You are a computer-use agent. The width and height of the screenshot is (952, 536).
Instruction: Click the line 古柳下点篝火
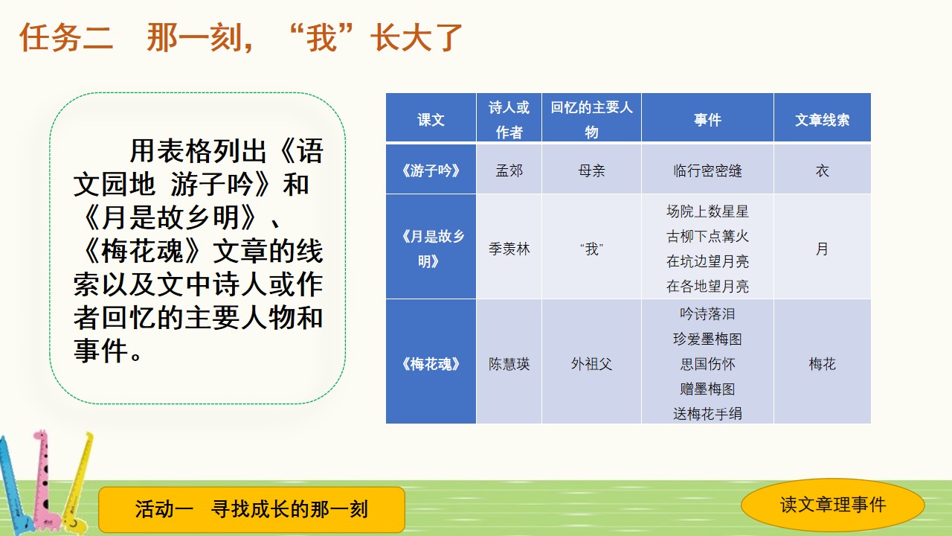[x=707, y=236]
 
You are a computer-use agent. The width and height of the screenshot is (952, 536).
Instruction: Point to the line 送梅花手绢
[x=707, y=413]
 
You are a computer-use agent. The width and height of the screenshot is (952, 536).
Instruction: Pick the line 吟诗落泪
[x=707, y=314]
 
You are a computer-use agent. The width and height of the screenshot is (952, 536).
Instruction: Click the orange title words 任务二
[x=66, y=37]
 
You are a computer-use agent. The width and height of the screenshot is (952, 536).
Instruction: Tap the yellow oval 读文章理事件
[x=832, y=505]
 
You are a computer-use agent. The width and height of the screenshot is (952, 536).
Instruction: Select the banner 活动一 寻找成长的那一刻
[x=251, y=509]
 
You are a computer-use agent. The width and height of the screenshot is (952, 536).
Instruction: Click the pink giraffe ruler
[x=42, y=476]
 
